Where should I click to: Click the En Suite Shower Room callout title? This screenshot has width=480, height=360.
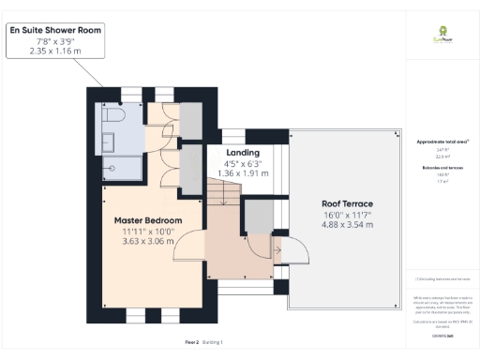[55, 30]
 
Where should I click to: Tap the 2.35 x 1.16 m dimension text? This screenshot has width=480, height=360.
[55, 51]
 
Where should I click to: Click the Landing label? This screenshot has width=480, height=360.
[244, 152]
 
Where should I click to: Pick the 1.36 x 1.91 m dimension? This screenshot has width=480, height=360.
[244, 173]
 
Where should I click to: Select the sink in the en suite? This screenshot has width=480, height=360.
[110, 142]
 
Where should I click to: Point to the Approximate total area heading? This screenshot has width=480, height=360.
[442, 142]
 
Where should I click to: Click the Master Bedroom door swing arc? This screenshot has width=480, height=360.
[192, 247]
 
